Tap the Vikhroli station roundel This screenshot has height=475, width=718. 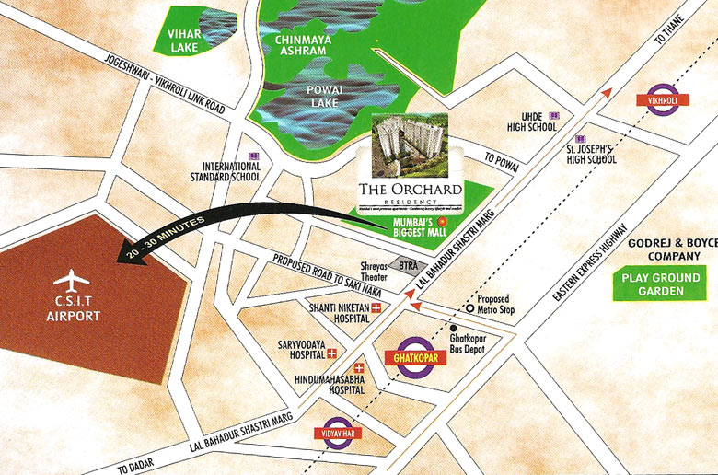pos(663,98)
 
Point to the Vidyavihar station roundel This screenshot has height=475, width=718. pos(337,432)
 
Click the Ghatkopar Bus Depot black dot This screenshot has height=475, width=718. pos(454,327)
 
